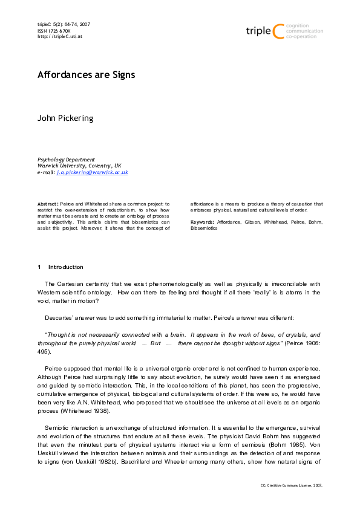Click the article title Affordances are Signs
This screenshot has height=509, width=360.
click(x=87, y=75)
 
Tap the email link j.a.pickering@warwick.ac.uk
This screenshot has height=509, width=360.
click(x=92, y=172)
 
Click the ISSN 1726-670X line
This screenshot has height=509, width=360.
click(x=54, y=30)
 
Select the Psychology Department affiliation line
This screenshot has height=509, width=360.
click(x=66, y=159)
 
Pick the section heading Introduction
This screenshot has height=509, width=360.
click(x=66, y=267)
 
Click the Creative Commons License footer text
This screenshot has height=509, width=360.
click(x=292, y=485)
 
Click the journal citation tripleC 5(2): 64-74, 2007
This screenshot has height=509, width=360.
click(x=64, y=24)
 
